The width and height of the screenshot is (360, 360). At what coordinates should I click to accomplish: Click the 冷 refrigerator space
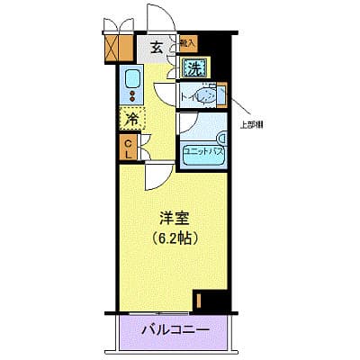tap(130, 118)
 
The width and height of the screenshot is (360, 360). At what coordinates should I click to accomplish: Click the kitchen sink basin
tap(131, 76)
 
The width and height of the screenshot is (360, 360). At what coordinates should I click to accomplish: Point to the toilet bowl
tap(206, 94)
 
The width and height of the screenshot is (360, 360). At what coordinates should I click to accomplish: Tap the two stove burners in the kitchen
tap(131, 95)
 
